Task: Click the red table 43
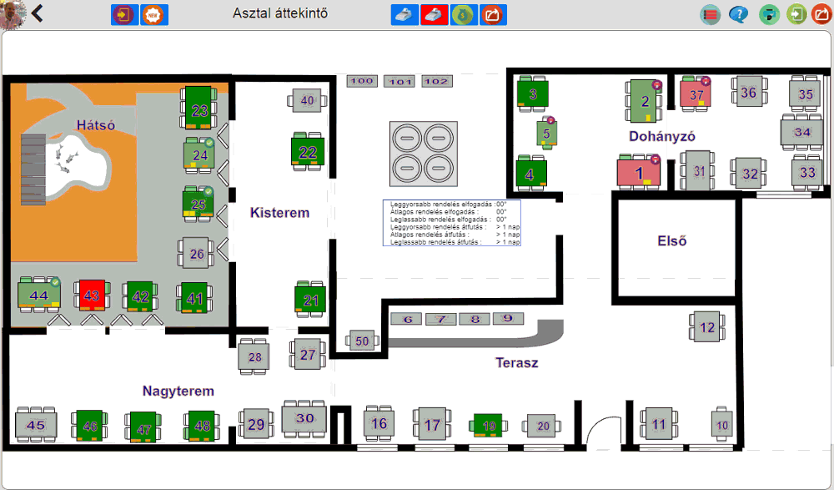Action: (x=92, y=295)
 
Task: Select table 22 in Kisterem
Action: (x=308, y=152)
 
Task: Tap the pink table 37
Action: (x=696, y=94)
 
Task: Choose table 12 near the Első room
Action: (x=707, y=327)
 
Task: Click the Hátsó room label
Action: (x=95, y=125)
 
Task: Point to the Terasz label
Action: (x=517, y=362)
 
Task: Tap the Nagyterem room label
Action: (x=178, y=391)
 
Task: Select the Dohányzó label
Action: (x=662, y=135)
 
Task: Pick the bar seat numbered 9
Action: (x=507, y=319)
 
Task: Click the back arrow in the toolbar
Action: (x=38, y=13)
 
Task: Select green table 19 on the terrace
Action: (x=489, y=426)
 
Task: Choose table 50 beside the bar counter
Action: (x=362, y=341)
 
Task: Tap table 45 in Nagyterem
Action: (x=36, y=425)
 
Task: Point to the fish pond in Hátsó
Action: (x=71, y=163)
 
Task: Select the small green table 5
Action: (x=546, y=133)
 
